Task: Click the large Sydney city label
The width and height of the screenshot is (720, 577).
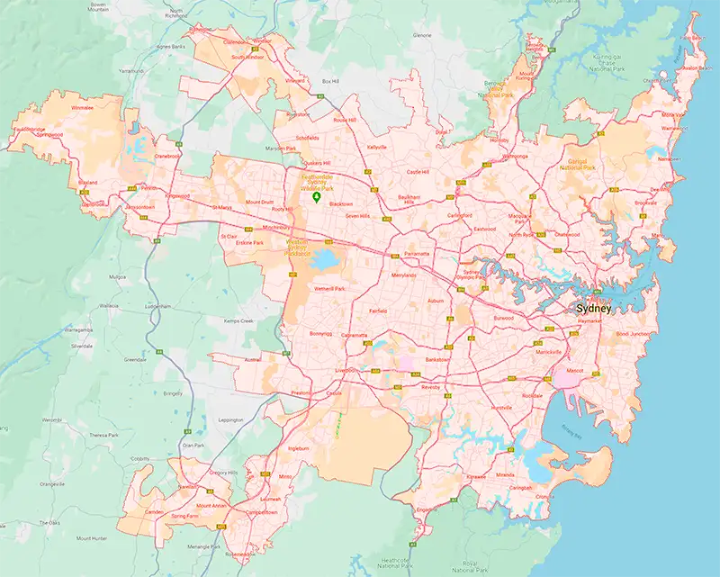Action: pos(593,309)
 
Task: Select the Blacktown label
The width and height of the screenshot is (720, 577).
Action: pos(341,204)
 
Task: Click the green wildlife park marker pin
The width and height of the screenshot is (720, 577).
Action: pos(315,199)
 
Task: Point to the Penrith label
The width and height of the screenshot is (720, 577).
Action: pos(148,189)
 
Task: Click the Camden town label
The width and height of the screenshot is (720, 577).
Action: pos(154,511)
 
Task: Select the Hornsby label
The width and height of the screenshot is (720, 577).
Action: pos(498,140)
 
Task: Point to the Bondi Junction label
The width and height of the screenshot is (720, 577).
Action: pos(632,334)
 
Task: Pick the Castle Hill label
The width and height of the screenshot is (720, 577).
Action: pos(418,171)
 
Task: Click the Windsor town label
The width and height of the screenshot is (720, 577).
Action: pos(262,41)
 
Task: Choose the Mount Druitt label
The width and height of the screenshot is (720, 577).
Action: pos(259,203)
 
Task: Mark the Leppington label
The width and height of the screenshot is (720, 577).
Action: pos(230,419)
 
